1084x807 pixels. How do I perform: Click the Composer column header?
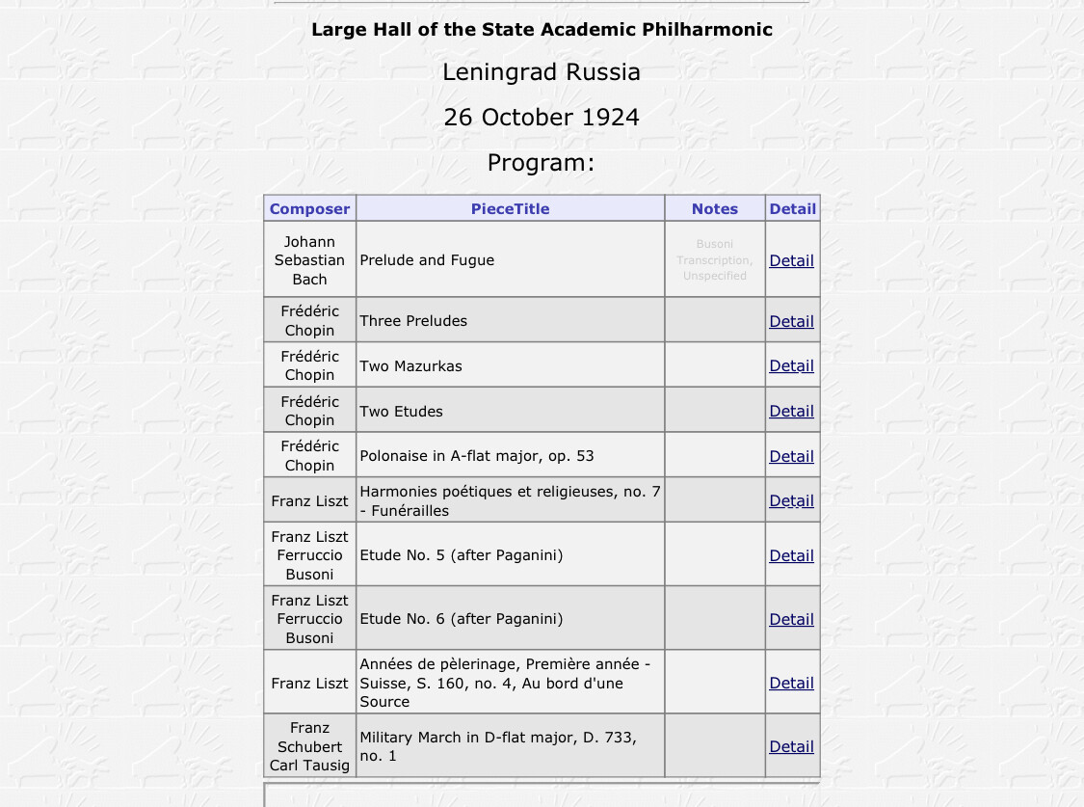[309, 208]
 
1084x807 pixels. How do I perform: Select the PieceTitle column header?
[510, 208]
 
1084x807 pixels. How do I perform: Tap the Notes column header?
[714, 208]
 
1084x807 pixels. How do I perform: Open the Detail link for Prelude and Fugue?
[791, 260]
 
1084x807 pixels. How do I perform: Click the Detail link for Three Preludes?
[791, 321]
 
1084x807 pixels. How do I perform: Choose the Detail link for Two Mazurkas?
[791, 366]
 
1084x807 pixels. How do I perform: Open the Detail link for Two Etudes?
[791, 411]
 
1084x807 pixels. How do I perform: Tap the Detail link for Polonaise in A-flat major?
[791, 456]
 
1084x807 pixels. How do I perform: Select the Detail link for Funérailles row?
[791, 501]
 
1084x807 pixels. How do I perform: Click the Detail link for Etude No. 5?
[791, 555]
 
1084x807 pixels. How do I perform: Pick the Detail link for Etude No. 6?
[791, 619]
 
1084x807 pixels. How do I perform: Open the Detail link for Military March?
[791, 746]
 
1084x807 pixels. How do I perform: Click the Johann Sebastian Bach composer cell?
[309, 260]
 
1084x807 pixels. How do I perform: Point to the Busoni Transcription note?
[714, 260]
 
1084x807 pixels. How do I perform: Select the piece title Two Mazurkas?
[410, 366]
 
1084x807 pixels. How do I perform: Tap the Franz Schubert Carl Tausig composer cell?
[309, 746]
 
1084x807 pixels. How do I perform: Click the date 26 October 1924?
[541, 118]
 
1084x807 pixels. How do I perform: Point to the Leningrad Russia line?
[541, 72]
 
